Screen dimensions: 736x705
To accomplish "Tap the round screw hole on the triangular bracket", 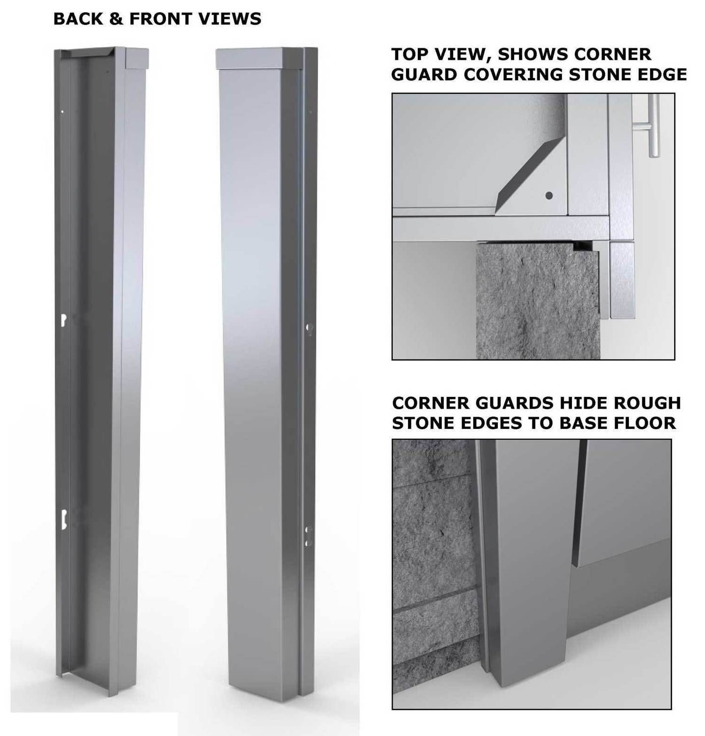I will click(549, 196).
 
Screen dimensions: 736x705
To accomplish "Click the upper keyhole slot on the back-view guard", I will click(63, 319).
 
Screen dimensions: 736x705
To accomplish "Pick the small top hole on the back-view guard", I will click(62, 112).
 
